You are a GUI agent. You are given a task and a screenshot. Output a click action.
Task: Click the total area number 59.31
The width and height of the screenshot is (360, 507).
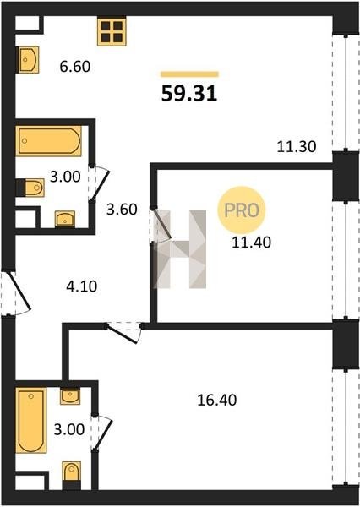click(x=189, y=94)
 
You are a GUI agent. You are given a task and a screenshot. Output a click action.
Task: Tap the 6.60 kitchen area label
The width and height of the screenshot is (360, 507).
click(x=75, y=67)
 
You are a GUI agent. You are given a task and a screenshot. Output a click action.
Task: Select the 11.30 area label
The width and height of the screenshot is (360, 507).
click(x=297, y=147)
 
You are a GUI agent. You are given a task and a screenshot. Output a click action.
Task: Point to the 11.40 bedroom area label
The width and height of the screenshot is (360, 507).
click(x=252, y=243)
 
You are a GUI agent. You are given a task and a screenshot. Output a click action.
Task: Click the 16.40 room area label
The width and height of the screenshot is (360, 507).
click(x=217, y=400)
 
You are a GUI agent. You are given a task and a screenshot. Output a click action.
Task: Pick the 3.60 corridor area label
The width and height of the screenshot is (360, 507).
click(x=122, y=210)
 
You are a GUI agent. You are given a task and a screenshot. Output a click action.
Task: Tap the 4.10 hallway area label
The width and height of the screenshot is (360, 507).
click(x=81, y=286)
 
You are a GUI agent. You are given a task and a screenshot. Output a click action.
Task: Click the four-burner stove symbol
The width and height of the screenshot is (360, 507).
click(x=112, y=32)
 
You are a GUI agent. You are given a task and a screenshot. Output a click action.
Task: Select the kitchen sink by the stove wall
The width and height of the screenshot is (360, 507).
click(x=28, y=59)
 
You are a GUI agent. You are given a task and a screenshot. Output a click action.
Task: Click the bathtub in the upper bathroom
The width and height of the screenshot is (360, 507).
click(x=48, y=141)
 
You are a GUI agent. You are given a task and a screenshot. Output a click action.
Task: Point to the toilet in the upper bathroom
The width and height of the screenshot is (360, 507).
click(x=30, y=188)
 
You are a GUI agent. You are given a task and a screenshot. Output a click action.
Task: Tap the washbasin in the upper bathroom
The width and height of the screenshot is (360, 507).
click(x=65, y=219)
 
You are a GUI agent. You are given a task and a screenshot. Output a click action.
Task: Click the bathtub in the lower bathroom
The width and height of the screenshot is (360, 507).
click(x=31, y=420)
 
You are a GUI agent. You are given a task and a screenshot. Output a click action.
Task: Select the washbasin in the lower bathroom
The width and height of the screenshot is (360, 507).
click(x=70, y=396)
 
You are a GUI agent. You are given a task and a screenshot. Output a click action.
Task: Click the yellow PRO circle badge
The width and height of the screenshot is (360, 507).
click(x=242, y=210)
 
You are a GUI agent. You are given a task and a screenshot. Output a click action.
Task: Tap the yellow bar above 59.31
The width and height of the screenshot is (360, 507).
click(x=189, y=74)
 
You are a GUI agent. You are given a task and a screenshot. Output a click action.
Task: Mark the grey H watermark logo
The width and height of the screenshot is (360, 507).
click(x=180, y=249)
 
